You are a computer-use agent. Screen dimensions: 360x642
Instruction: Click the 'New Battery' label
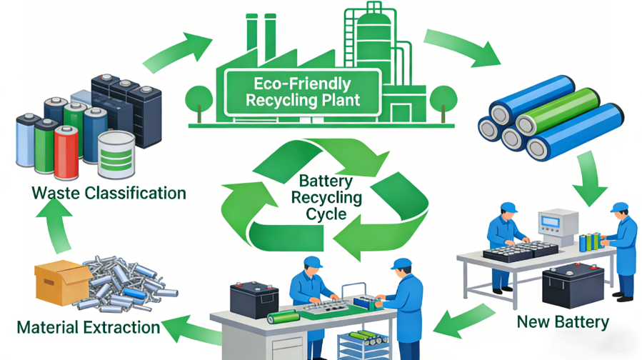(563, 322)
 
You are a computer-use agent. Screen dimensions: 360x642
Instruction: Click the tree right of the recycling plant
(443, 97)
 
